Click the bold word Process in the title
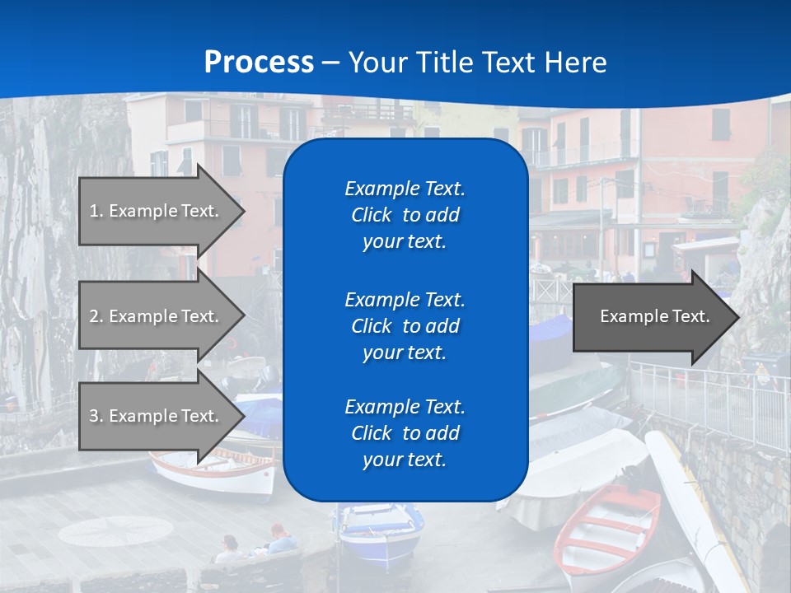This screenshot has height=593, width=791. click(x=259, y=63)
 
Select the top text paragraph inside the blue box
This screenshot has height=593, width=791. click(x=405, y=215)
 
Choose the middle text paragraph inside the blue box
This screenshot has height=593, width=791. click(x=405, y=326)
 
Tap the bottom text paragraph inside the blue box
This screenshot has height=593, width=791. click(x=405, y=433)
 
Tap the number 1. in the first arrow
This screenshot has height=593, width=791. click(x=96, y=211)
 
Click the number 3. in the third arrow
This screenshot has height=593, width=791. click(x=96, y=416)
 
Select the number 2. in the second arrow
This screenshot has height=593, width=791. click(x=96, y=316)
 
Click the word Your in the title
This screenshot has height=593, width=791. click(x=378, y=63)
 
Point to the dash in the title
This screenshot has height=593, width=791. click(x=331, y=63)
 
